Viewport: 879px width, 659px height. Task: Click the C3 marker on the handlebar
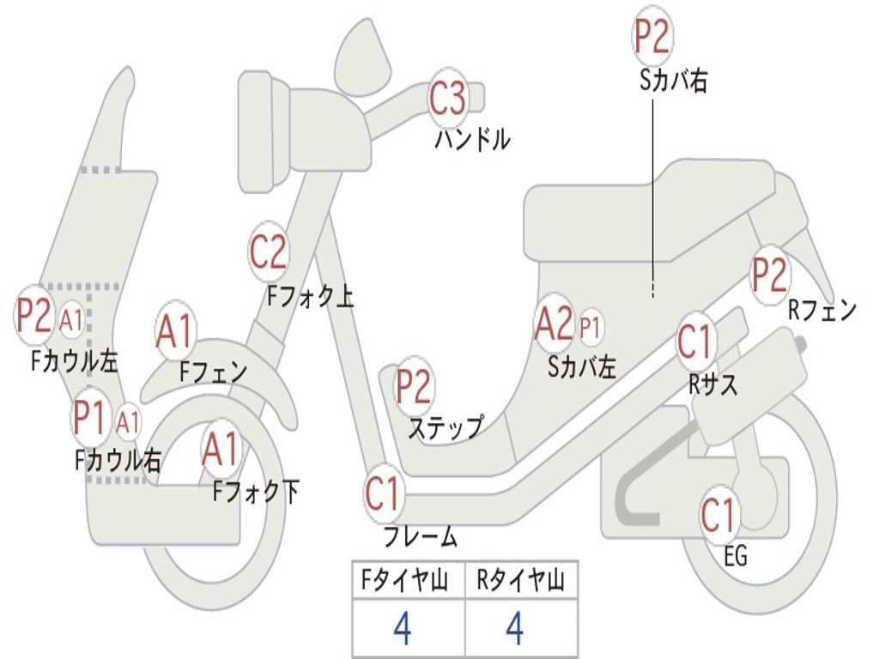pos(447,99)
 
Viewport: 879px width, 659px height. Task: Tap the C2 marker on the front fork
pos(268,252)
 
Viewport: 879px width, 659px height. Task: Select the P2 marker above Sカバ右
pos(652,35)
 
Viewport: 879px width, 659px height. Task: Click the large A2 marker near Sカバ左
pos(555,323)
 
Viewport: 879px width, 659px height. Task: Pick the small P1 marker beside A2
pos(590,326)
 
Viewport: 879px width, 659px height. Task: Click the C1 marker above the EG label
pos(718,515)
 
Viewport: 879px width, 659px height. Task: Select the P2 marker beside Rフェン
pos(770,275)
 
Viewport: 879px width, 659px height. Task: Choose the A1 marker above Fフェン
pos(175,330)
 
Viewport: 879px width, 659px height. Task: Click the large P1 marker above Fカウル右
pos(90,418)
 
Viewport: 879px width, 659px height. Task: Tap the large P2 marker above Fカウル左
pos(34,315)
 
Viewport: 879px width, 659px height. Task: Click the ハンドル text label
pos(473,138)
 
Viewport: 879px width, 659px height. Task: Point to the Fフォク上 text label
pos(310,296)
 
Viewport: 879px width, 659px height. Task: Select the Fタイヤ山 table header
pos(404,580)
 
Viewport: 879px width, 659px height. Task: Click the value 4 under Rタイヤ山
pos(515,627)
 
